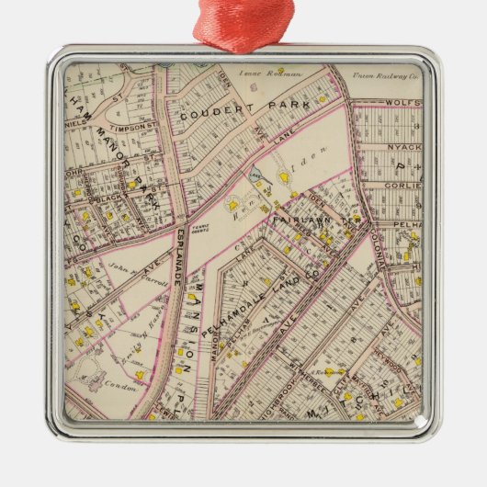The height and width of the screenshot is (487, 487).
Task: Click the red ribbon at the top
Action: coord(243,23)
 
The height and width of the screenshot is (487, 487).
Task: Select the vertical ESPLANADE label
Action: coord(178,257)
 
